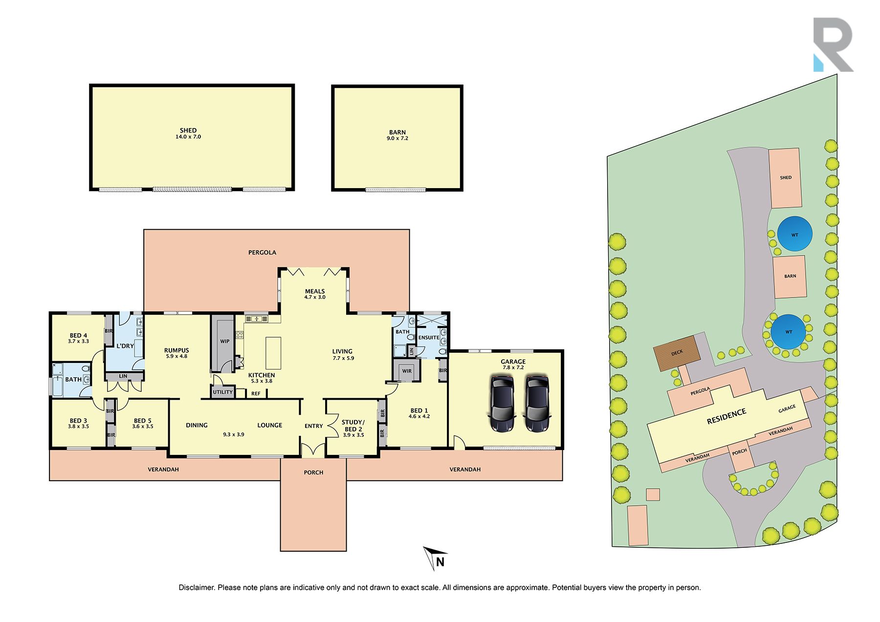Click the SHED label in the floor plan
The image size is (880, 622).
[188, 130]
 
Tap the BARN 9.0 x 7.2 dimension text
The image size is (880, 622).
[397, 138]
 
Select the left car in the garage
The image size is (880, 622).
[502, 404]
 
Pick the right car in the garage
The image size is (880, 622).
[537, 404]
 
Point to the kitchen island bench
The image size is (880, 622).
[274, 353]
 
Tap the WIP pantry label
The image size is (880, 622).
[225, 341]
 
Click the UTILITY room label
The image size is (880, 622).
[223, 392]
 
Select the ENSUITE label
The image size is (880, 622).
[429, 338]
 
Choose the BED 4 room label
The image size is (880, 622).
[78, 335]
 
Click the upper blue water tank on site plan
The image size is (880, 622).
[795, 234]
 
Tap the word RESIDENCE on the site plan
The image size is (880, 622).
[726, 416]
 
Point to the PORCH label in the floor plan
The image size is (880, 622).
[313, 472]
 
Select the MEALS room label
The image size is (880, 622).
[315, 291]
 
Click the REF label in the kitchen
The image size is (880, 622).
[256, 393]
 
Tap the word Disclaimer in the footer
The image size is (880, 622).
[197, 587]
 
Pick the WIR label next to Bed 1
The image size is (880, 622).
[407, 371]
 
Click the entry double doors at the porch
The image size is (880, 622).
[313, 450]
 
